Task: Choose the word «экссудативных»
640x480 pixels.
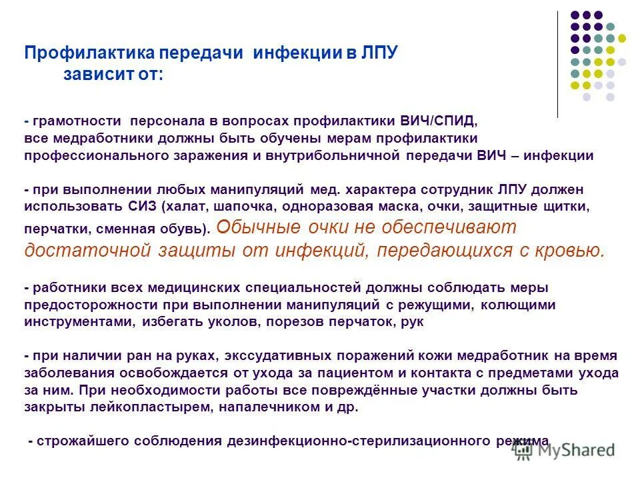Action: [291, 356]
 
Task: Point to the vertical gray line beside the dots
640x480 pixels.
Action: [557, 64]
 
